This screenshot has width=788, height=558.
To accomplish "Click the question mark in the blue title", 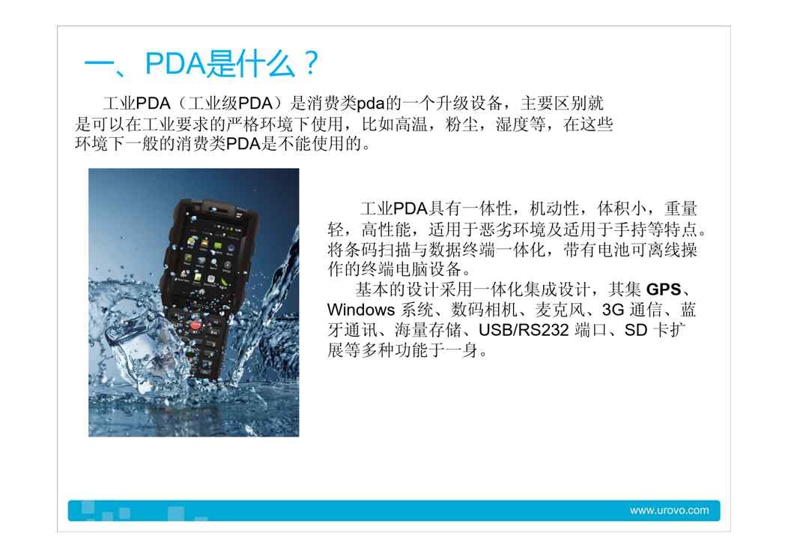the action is coord(311,64).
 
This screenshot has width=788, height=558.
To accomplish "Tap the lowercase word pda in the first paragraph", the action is coord(371,103).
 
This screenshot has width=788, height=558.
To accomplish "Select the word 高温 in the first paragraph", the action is coord(410,124).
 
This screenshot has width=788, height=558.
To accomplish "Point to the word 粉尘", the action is coord(461,124).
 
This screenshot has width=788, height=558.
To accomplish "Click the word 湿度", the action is coord(512,124).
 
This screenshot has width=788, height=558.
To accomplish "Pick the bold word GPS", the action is coord(664,289).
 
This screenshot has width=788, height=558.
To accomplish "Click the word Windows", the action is coord(361,310).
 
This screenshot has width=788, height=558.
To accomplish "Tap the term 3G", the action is coord(613,310).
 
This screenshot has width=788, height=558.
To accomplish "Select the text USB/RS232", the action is coord(524,330).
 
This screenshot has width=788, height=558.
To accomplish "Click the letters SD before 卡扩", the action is coord(636,330).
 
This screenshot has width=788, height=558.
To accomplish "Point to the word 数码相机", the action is coord(484,310).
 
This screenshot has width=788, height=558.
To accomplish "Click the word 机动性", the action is coord(554,208).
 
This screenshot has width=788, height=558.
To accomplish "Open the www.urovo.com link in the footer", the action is coord(669,510).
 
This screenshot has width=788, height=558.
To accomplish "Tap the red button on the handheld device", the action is coord(196,325).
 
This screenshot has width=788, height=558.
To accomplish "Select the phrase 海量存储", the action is coord(428,330).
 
